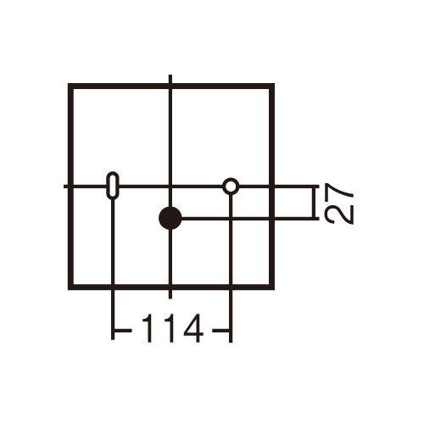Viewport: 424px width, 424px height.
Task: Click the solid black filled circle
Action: [170, 218]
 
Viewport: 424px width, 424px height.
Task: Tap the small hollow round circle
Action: [231, 187]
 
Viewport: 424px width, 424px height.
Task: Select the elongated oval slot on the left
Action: [113, 185]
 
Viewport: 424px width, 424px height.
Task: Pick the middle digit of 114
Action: [170, 328]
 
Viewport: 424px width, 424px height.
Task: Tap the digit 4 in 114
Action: [193, 328]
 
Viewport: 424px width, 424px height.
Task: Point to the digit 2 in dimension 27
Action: [339, 215]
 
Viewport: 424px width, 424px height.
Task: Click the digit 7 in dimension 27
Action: [339, 192]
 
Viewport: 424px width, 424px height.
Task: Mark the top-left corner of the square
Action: [68, 84]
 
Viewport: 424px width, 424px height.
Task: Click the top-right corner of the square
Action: [274, 84]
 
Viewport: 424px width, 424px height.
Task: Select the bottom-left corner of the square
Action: [68, 290]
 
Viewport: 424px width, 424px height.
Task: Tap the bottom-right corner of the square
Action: [274, 290]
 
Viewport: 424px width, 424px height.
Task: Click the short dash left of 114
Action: [123, 330]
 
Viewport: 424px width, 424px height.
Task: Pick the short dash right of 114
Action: [221, 330]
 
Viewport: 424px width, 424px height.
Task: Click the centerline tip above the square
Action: [170, 75]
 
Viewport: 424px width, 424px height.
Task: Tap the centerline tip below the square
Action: [170, 298]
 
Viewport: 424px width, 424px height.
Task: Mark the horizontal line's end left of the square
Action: [64, 187]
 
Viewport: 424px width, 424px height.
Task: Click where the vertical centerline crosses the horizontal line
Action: [170, 187]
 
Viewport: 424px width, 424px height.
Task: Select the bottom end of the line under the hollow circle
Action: [231, 343]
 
